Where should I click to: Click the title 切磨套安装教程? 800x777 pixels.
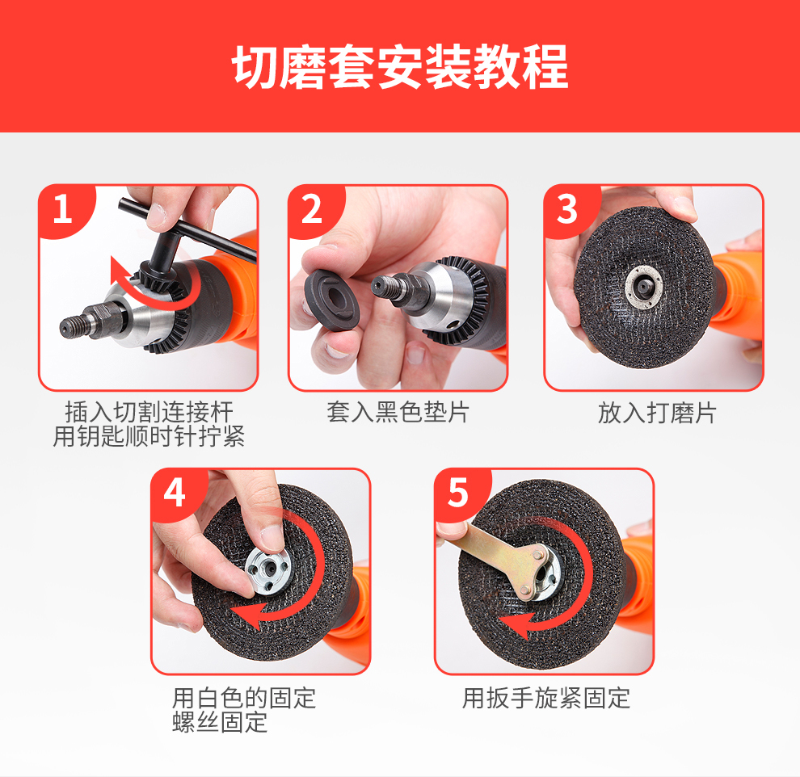pos(400,67)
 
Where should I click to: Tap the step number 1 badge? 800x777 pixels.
pos(64,209)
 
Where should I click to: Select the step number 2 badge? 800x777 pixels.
pos(312,209)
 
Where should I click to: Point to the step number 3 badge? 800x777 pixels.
pos(567,209)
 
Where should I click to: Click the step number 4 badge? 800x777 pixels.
pos(175,493)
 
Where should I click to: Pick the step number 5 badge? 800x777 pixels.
pos(458,493)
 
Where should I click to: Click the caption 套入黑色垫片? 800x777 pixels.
pos(398,412)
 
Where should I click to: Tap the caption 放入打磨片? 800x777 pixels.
pos(657,413)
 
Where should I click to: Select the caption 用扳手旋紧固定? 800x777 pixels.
pos(546,698)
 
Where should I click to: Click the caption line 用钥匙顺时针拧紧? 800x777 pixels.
pos(149,436)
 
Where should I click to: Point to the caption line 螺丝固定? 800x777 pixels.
pos(220,722)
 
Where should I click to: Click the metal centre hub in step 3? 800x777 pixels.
pos(644,287)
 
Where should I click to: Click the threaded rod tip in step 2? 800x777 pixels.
pos(381,286)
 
